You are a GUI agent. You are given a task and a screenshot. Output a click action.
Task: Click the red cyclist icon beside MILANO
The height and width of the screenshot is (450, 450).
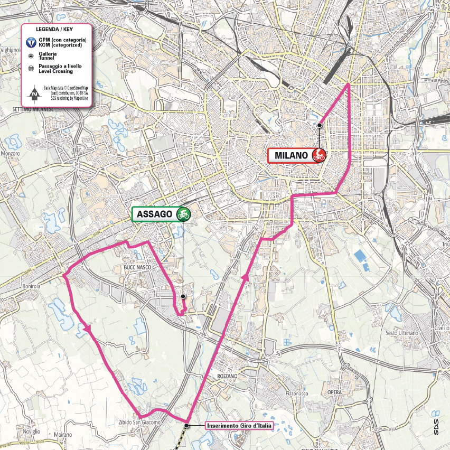(319, 155)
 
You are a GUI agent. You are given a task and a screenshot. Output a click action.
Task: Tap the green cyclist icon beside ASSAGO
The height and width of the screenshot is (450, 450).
(183, 214)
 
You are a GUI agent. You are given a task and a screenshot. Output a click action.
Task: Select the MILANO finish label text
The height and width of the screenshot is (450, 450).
(291, 155)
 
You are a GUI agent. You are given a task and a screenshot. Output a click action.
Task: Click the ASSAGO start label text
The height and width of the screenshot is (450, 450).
(154, 214)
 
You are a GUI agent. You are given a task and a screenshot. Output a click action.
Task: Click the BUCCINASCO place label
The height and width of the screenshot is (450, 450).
(137, 268)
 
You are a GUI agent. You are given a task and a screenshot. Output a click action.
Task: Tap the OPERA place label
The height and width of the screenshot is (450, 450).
(334, 392)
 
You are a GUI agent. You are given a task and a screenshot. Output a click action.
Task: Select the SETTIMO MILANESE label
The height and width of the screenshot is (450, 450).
(33, 109)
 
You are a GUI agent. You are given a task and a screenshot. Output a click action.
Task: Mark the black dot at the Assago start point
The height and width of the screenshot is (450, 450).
(183, 297)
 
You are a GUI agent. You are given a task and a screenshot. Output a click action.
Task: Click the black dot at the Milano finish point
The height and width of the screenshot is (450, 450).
(320, 125)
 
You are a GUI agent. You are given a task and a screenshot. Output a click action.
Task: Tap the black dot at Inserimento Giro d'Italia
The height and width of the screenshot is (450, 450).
(187, 420)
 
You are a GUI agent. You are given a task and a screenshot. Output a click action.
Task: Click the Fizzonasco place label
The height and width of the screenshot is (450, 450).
(297, 393)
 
